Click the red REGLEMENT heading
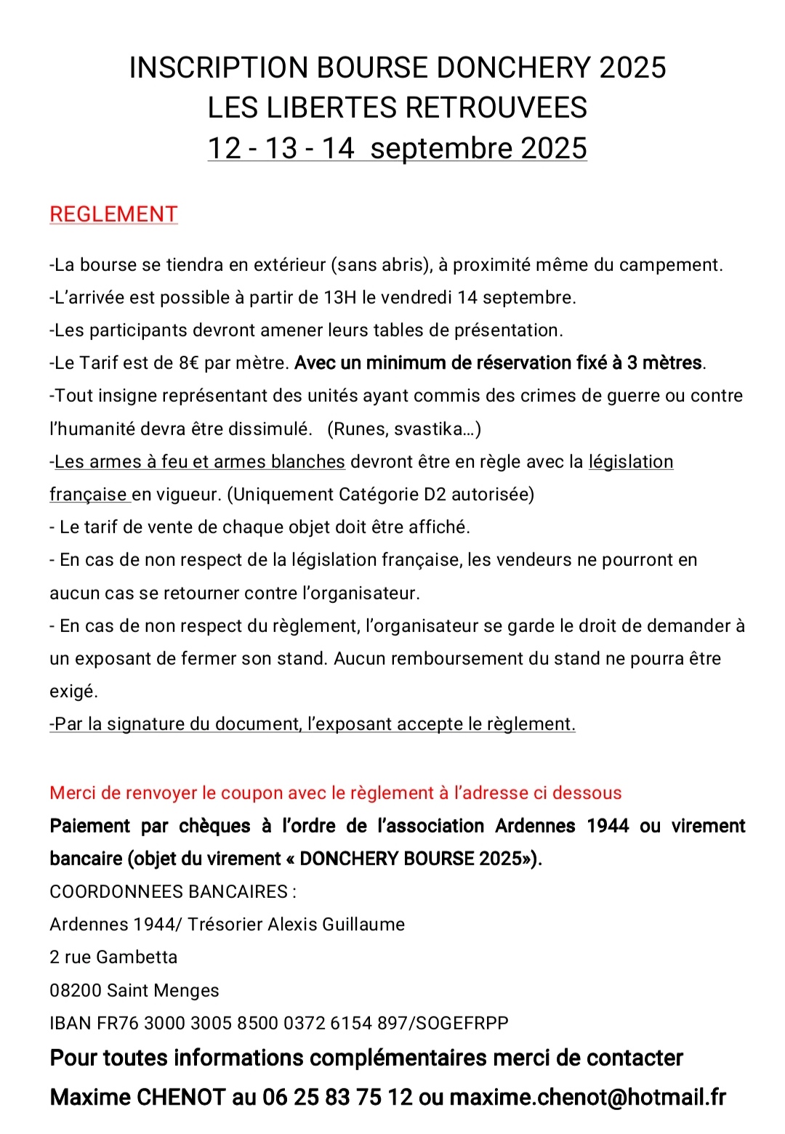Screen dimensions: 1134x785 click(113, 214)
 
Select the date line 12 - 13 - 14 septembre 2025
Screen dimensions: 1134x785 click(397, 148)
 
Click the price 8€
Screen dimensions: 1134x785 click(189, 363)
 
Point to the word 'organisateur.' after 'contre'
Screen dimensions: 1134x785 click(361, 594)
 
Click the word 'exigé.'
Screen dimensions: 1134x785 click(73, 692)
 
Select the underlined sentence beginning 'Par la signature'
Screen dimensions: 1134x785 click(313, 724)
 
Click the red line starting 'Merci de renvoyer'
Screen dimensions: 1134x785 click(335, 793)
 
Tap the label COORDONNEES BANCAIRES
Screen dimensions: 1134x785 click(172, 892)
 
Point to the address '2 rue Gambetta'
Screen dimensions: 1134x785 click(113, 957)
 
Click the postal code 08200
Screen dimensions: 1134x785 click(76, 991)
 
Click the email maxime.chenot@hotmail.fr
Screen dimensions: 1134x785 click(587, 1097)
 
